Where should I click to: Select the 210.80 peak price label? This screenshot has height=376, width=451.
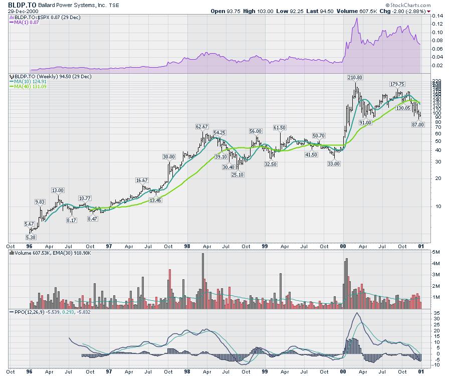pyautogui.click(x=355, y=77)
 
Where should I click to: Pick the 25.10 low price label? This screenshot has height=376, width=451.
pyautogui.click(x=237, y=174)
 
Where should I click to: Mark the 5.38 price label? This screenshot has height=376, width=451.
pyautogui.click(x=31, y=237)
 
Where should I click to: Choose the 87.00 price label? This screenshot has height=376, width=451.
pyautogui.click(x=417, y=124)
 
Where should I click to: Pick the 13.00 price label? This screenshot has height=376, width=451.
pyautogui.click(x=58, y=190)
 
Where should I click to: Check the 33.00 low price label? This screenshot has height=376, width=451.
pyautogui.click(x=333, y=164)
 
